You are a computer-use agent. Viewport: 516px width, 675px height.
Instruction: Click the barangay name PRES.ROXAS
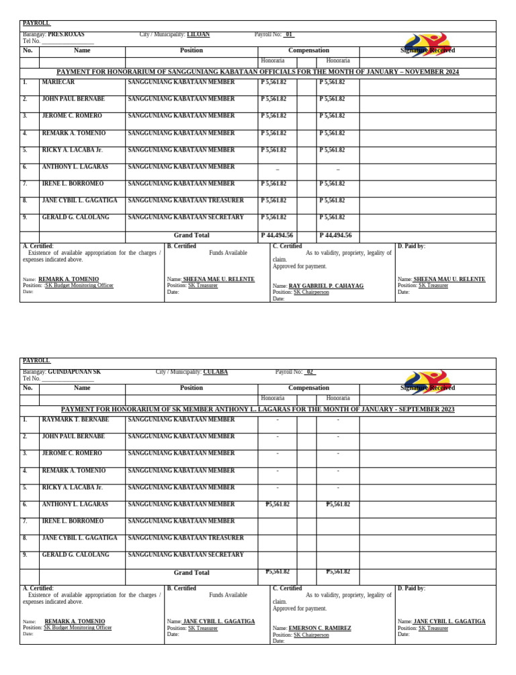pos(66,34)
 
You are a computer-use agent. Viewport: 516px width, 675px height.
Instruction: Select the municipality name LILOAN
pos(198,34)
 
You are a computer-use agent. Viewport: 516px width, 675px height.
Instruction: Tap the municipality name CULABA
pos(215,372)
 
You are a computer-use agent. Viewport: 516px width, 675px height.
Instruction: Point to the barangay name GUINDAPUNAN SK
pos(74,372)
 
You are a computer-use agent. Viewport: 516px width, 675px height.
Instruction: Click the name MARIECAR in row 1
pos(58,82)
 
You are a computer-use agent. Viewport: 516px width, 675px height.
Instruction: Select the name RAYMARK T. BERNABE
pos(73,419)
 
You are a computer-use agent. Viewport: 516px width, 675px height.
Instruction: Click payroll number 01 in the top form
pos(289,34)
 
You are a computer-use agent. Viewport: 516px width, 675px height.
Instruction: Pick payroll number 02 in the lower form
pos(310,372)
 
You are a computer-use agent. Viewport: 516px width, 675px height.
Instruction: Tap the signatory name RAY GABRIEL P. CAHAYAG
pos(326,286)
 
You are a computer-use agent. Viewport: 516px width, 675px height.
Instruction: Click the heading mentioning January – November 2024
pos(258,72)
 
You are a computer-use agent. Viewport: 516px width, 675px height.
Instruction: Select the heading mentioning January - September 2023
pos(258,409)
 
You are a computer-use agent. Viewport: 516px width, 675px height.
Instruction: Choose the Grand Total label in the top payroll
pos(191,236)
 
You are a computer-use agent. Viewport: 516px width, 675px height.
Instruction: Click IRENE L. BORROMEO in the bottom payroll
pos(73,521)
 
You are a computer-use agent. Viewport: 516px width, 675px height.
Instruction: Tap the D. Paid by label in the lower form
pos(411,588)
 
